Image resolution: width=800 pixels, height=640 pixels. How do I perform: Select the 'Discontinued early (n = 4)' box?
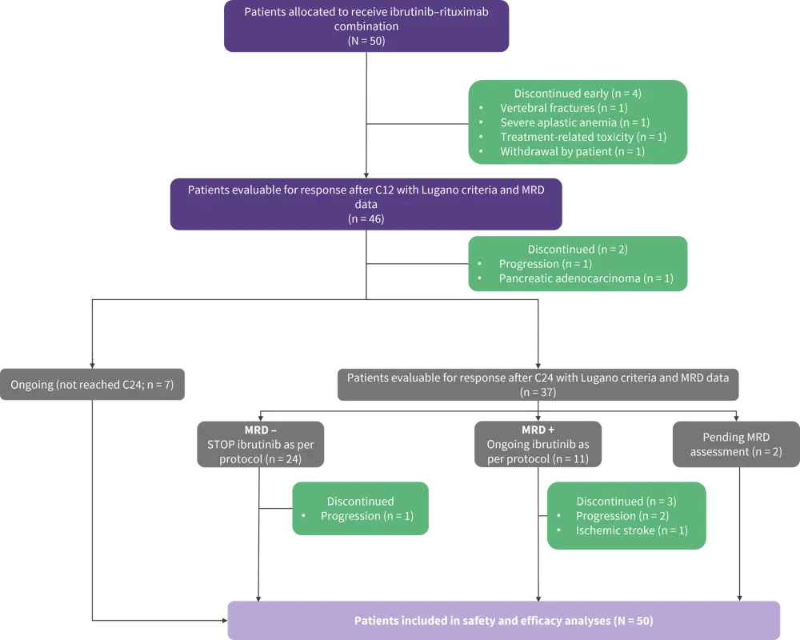pyautogui.click(x=577, y=122)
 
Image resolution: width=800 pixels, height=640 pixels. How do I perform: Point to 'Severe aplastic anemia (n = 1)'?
pyautogui.click(x=574, y=122)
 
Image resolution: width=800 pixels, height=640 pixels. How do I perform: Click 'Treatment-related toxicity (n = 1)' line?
pyautogui.click(x=583, y=137)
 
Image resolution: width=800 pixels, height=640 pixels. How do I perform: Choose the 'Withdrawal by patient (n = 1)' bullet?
pyautogui.click(x=572, y=151)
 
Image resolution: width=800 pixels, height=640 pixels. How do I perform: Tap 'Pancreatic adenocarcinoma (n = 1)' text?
pyautogui.click(x=586, y=278)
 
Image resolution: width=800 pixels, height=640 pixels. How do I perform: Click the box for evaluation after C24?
pyautogui.click(x=537, y=385)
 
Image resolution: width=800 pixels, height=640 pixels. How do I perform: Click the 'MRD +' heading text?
pyautogui.click(x=538, y=430)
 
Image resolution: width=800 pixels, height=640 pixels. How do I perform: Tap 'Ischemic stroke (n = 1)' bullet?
pyautogui.click(x=631, y=530)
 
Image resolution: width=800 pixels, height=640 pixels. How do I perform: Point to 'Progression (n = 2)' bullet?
pyautogui.click(x=622, y=516)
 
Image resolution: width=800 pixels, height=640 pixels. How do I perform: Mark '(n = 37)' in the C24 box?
pyautogui.click(x=537, y=392)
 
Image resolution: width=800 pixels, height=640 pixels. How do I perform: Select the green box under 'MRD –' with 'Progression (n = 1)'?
pyautogui.click(x=360, y=509)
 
